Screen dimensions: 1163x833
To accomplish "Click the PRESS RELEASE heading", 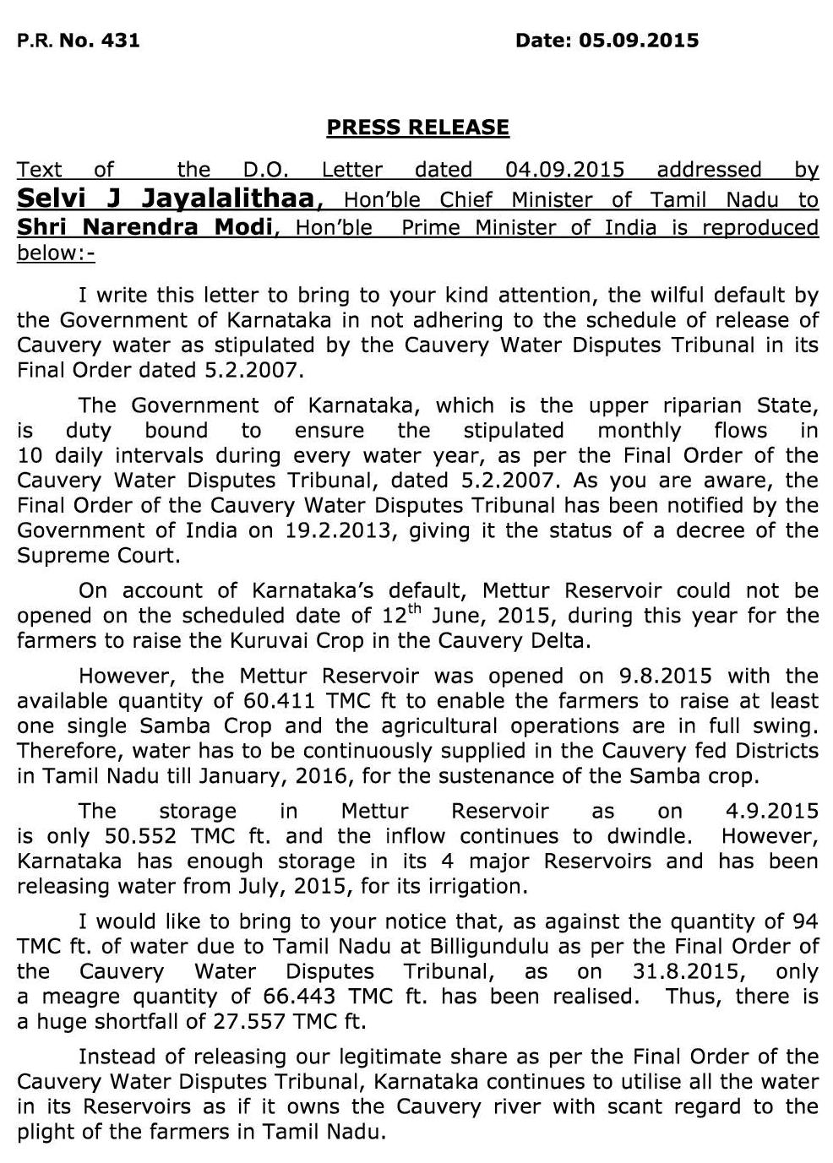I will click(417, 128).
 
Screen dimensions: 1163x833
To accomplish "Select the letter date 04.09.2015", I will click(564, 170).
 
